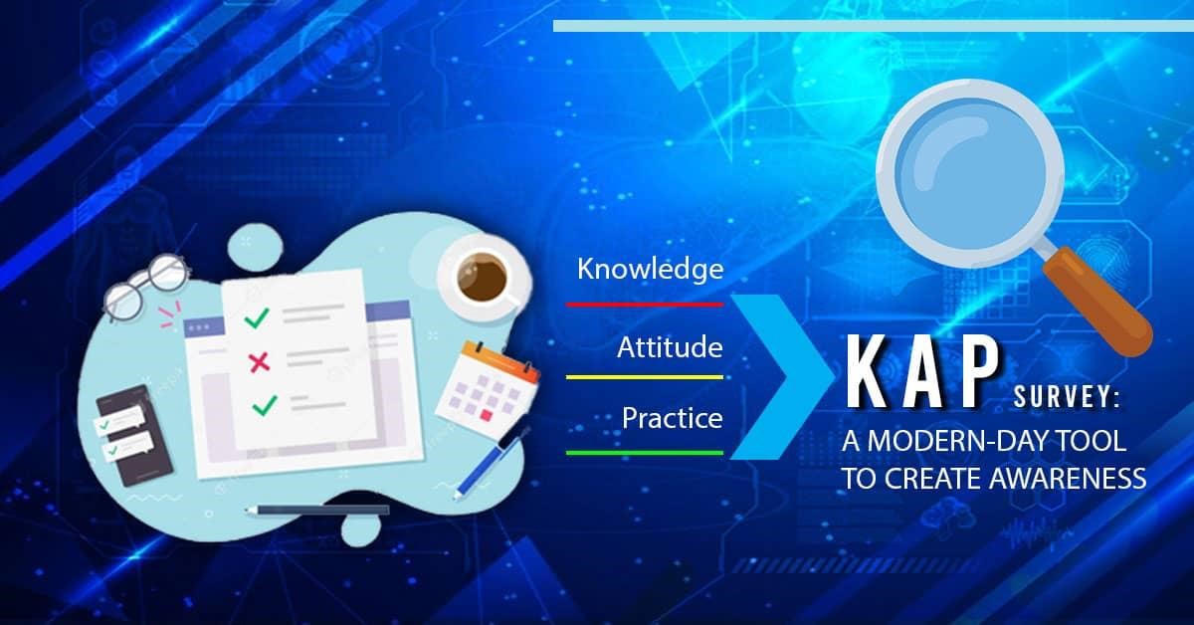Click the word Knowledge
tap(651, 270)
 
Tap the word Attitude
tap(670, 347)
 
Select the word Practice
tap(673, 418)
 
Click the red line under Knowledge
tap(645, 305)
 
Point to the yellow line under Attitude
tap(645, 377)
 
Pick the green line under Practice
tap(645, 453)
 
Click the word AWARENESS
tap(1068, 479)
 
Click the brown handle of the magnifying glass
tap(1098, 302)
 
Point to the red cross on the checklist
tap(260, 362)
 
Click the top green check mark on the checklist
tap(257, 317)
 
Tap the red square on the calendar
tap(486, 414)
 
